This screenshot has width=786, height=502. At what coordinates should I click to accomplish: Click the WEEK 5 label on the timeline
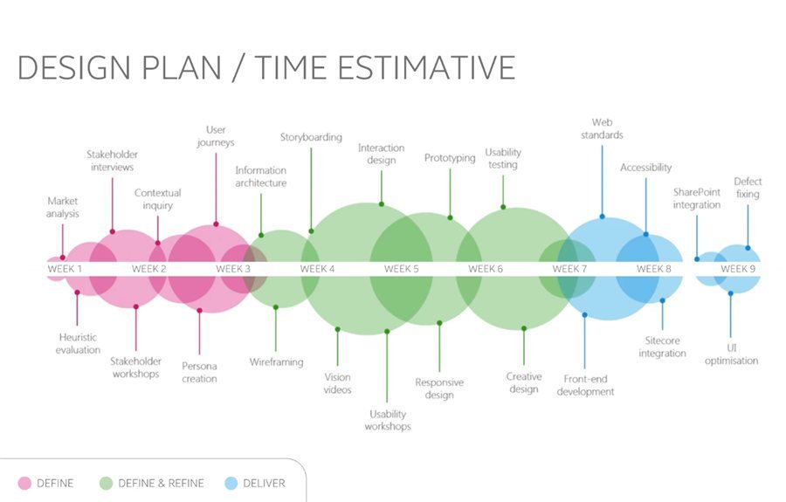point(401,269)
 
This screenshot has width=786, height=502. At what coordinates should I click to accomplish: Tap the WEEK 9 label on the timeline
point(738,269)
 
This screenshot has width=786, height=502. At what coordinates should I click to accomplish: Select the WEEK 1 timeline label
point(65,269)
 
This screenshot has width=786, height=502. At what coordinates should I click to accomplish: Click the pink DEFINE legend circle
point(24,483)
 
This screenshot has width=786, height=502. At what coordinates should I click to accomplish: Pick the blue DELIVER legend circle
point(231,483)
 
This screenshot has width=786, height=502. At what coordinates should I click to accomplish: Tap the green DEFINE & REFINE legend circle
point(106,483)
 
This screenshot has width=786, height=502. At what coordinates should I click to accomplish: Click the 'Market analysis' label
point(63,207)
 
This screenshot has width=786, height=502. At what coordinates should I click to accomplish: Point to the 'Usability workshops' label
point(388,420)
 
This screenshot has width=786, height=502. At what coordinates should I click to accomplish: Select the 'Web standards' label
point(602,128)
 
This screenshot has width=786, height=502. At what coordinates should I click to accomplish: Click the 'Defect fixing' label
point(748,188)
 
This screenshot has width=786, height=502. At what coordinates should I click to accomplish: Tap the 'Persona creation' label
point(199,372)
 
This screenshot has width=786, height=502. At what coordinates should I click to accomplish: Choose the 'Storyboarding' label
point(311,137)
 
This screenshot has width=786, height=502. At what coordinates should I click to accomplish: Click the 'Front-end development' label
point(585,385)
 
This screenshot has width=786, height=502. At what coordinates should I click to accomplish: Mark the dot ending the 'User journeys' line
point(216,224)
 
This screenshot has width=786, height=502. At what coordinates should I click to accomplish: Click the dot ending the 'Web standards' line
point(602,217)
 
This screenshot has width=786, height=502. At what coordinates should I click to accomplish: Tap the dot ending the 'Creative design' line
point(524,328)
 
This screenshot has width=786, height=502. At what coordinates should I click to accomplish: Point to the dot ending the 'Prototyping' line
point(450,217)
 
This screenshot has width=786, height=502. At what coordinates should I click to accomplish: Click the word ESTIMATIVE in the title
point(426,67)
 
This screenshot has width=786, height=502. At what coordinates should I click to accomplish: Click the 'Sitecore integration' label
point(662,347)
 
